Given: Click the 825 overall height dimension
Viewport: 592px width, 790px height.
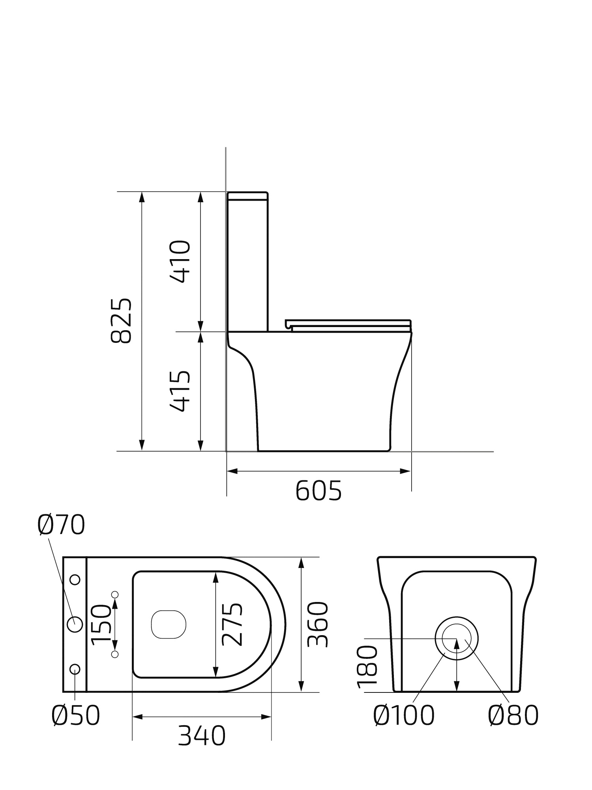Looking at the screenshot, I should click(121, 320).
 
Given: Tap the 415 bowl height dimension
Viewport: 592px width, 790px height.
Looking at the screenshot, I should click(180, 391).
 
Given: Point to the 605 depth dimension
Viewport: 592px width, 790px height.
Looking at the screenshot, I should click(318, 491).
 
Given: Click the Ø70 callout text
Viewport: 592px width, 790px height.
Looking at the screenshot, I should click(61, 525).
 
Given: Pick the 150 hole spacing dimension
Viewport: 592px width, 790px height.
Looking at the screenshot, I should click(101, 624).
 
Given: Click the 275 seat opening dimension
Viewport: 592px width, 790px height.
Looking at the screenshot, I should click(232, 624).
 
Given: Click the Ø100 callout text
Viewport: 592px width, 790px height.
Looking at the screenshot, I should click(404, 715).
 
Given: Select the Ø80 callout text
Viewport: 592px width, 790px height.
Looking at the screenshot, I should click(513, 715).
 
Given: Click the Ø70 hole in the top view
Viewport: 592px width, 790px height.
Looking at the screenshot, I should click(75, 624).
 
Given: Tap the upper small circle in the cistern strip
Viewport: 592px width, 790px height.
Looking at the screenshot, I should click(75, 580).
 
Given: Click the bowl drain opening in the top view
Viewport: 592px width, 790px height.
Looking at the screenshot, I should click(169, 624).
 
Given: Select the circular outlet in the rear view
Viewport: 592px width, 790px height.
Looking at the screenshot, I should click(457, 638).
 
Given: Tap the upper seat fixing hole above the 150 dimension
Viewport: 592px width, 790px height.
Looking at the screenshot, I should click(115, 594).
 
